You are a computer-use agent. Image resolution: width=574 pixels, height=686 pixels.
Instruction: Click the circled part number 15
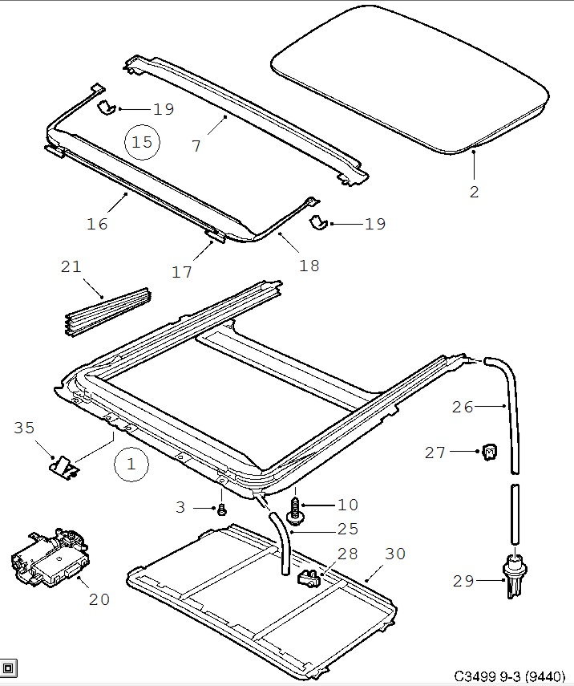pos(142,142)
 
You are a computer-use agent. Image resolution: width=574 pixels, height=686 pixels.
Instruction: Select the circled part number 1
pos(132,463)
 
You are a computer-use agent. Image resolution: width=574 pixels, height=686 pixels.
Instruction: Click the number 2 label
pos(474,191)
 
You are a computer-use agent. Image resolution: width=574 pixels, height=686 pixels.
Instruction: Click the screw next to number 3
pos(222,509)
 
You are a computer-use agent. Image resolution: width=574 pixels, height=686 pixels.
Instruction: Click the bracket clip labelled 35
pos(63,465)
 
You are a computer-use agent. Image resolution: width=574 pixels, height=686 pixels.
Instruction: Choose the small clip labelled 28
pos(308,577)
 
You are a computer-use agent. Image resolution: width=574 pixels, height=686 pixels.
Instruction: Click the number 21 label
pos(71,266)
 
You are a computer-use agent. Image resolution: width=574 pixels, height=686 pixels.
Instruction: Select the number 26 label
pos(463,407)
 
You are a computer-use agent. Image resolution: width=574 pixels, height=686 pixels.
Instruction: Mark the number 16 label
pos(97,224)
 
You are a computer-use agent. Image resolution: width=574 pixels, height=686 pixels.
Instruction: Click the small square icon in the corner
pos(9,668)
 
